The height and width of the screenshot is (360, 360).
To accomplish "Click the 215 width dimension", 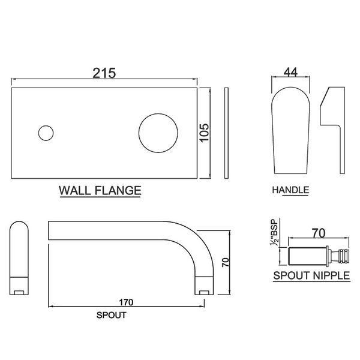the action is click(x=104, y=73).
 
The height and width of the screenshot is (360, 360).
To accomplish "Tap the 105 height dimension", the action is click(x=204, y=133).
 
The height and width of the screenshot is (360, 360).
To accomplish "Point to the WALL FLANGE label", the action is click(x=100, y=191).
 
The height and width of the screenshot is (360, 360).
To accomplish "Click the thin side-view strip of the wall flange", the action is click(x=226, y=133).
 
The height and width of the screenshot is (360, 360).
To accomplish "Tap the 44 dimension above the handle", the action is click(x=290, y=73).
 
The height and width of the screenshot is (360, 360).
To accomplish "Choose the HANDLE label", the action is click(x=290, y=190).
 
